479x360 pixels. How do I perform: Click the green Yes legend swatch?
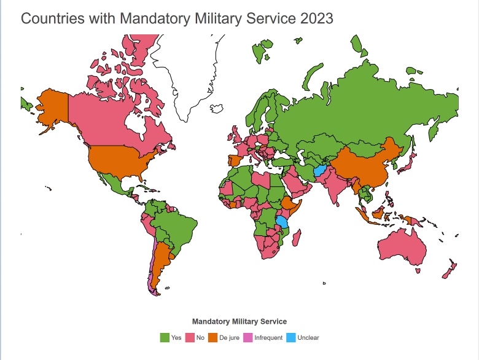(165, 337)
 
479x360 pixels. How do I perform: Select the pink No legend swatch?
(190, 337)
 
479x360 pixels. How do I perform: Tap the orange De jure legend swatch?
(212, 337)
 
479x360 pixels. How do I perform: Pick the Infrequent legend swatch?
(248, 337)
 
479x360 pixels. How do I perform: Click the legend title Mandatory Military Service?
(240, 321)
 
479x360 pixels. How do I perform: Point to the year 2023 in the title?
(317, 18)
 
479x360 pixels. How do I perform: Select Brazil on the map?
(178, 227)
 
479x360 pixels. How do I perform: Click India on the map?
(335, 184)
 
